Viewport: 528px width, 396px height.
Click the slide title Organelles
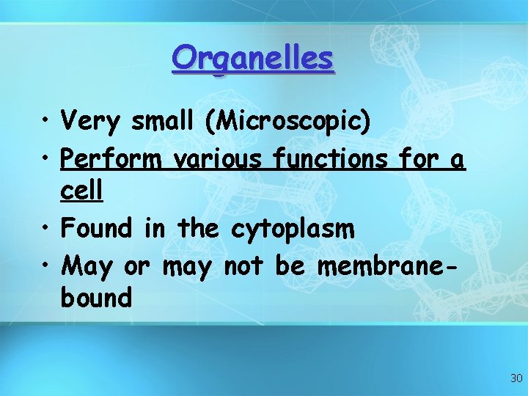point(253,59)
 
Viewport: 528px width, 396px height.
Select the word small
point(164,121)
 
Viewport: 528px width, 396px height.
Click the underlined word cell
point(81,192)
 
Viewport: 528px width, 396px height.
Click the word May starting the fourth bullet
point(87,265)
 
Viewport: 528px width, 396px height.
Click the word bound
point(97,298)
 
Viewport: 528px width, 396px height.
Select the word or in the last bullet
point(136,265)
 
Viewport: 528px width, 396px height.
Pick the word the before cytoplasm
point(198,228)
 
